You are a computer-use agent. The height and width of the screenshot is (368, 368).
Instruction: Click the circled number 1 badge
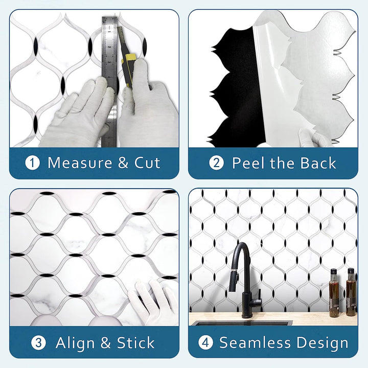(33, 163)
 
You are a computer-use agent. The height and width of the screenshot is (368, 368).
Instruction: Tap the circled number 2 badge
(217, 163)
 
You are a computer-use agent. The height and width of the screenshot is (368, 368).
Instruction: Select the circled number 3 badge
(39, 342)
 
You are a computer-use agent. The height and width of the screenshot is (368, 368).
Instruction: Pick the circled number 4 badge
(205, 342)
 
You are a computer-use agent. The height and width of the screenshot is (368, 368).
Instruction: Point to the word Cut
(147, 163)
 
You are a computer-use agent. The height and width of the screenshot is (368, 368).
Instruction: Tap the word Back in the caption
(318, 163)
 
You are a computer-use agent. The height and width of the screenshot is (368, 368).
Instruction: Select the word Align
(75, 342)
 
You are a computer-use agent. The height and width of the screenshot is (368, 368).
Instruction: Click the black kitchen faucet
(244, 276)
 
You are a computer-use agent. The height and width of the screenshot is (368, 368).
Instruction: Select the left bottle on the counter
(334, 294)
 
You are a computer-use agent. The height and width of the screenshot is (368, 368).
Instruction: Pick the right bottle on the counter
(351, 292)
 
